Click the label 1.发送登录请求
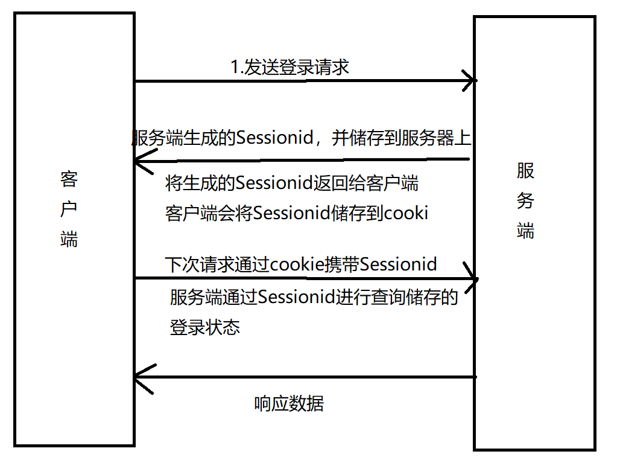(290, 67)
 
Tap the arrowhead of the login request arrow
(471, 80)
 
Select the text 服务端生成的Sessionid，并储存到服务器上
(301, 138)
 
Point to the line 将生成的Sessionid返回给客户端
(292, 183)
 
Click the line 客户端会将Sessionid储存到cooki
(296, 213)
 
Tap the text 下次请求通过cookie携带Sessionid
(301, 264)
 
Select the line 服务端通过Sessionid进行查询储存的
(314, 297)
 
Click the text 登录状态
(205, 327)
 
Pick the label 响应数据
(289, 403)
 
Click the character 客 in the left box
(69, 179)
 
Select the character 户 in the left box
(69, 209)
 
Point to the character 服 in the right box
(525, 171)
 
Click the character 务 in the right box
(525, 201)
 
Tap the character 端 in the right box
(525, 231)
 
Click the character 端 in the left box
(69, 240)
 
